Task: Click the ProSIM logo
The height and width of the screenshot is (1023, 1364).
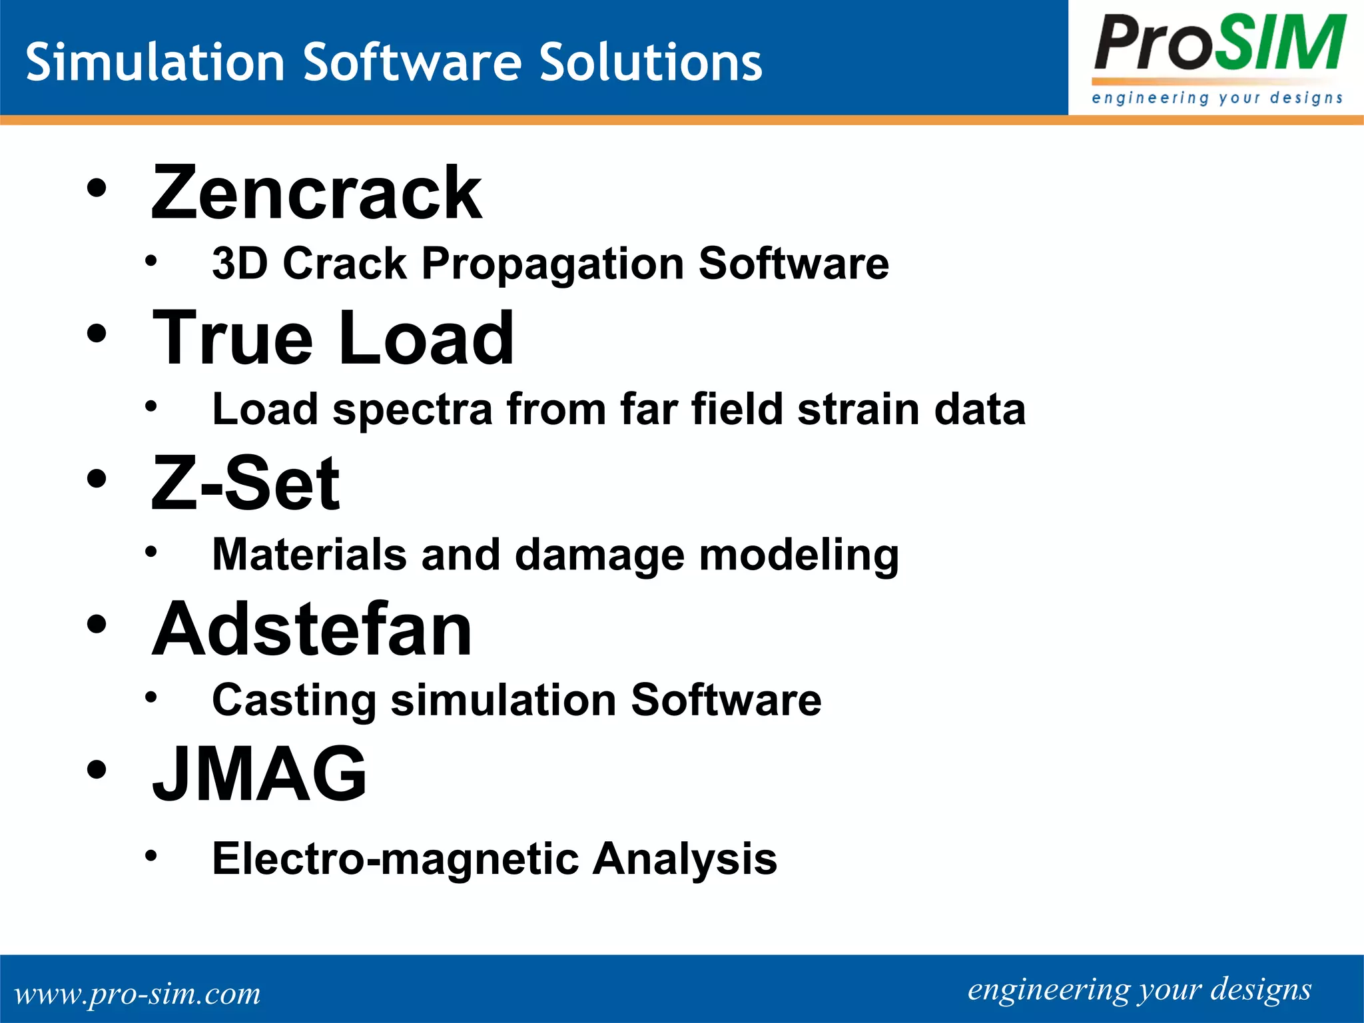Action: point(1217,57)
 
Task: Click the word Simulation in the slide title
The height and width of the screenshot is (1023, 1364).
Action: point(155,62)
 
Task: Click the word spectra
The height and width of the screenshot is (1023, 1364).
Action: point(412,410)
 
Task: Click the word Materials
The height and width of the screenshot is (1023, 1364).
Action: point(310,554)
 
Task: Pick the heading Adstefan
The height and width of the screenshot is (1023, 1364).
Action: point(312,629)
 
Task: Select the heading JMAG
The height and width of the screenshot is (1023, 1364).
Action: point(259,774)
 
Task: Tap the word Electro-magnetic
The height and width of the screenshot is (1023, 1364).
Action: point(396,858)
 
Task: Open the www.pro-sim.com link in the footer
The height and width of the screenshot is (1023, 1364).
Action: point(138,993)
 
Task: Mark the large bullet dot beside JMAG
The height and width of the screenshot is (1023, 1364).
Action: point(97,769)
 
